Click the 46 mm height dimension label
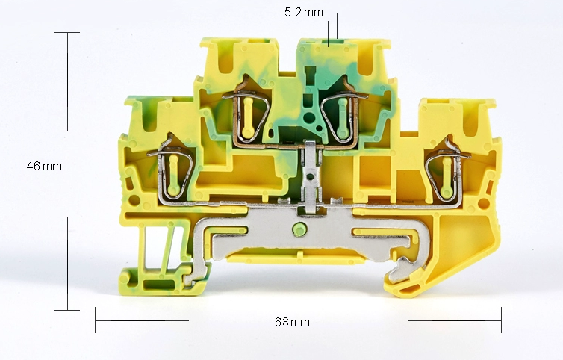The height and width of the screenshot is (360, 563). (44, 166)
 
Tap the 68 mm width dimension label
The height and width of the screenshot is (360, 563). (292, 322)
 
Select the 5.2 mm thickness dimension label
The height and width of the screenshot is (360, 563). (304, 12)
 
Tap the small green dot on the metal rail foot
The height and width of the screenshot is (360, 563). (299, 229)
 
